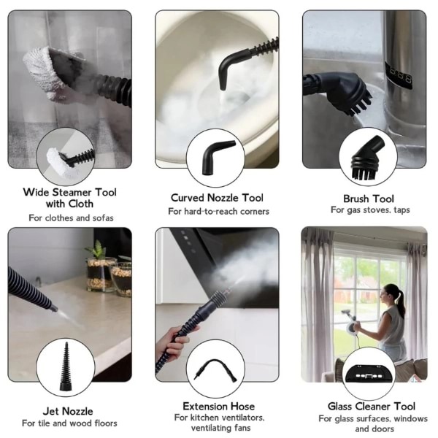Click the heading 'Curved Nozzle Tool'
217,198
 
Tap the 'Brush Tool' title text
369,199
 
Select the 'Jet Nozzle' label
68,411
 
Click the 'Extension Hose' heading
219,406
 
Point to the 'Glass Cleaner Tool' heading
372,406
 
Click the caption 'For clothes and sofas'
71,218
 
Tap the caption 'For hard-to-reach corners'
218,212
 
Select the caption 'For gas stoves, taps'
370,210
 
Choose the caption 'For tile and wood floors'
69,423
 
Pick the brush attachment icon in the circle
366,157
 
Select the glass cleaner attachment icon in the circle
369,373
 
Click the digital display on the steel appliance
399,75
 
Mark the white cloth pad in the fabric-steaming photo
48,72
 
